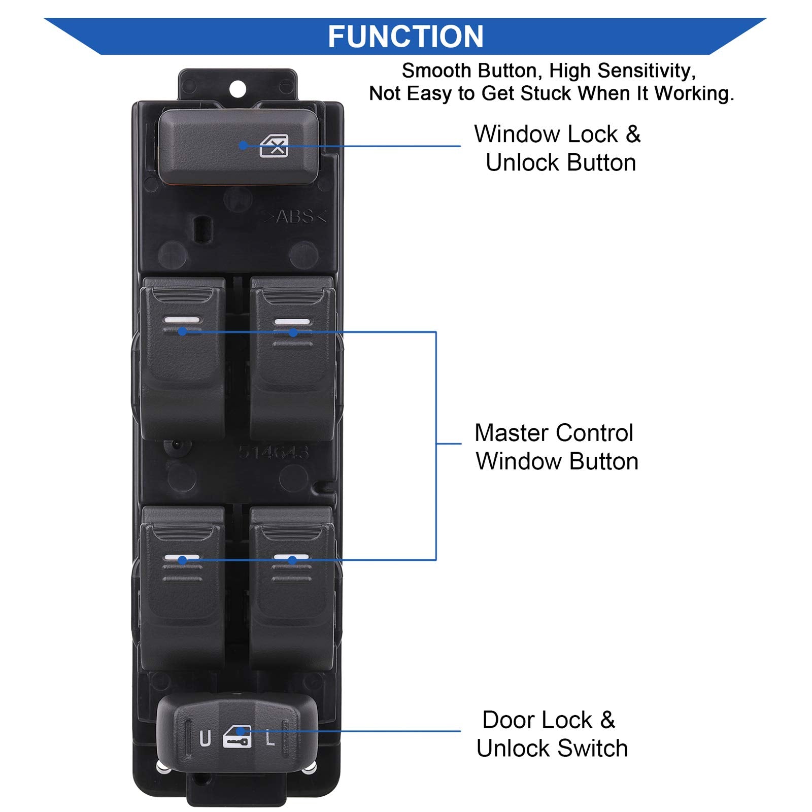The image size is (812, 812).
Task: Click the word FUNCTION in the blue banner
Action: pos(405,37)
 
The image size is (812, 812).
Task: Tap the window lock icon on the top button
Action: pos(274,146)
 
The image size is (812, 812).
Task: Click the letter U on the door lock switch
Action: pos(205,738)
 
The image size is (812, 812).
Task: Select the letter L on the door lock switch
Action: pos(270,737)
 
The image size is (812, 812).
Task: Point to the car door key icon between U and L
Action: pos(237,737)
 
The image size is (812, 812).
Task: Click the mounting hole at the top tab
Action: pos(238,89)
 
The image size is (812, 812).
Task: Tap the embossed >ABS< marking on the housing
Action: pos(294,217)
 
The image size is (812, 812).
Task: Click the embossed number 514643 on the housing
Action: pos(274,452)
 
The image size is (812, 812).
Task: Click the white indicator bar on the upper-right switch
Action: pos(292,321)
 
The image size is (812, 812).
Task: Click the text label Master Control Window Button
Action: pos(556,447)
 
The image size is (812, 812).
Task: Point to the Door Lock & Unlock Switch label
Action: pos(551,734)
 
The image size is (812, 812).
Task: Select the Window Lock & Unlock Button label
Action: pos(558,148)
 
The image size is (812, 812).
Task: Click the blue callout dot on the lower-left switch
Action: pos(182,560)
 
